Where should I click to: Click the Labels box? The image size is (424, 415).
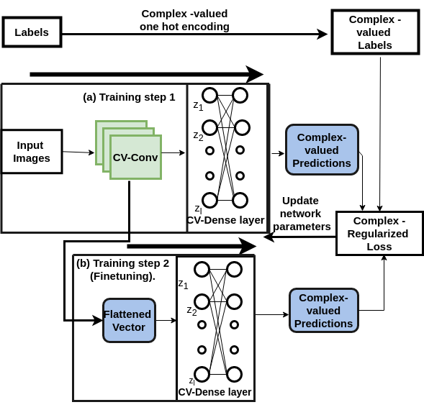click(x=32, y=32)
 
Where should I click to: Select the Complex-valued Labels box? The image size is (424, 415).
click(x=374, y=32)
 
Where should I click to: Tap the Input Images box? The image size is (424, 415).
click(x=32, y=152)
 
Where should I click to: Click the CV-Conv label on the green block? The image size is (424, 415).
click(x=135, y=158)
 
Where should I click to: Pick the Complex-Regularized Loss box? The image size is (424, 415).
click(x=379, y=234)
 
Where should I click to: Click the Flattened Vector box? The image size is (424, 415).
click(x=129, y=320)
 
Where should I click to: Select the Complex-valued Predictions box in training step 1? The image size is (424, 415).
click(x=322, y=150)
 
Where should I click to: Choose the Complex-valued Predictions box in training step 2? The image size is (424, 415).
click(x=323, y=310)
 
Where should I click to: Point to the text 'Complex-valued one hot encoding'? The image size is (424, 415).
click(x=184, y=20)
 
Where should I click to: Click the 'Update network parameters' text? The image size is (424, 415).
click(x=301, y=214)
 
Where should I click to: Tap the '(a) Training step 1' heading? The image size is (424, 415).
click(x=129, y=97)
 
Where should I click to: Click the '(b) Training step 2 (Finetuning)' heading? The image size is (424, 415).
click(x=122, y=269)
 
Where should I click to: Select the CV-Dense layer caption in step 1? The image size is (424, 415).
click(x=225, y=220)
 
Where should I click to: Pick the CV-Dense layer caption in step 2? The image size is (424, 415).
click(x=215, y=392)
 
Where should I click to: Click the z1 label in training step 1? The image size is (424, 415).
click(x=198, y=106)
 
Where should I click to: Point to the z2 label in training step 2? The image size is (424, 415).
click(x=191, y=311)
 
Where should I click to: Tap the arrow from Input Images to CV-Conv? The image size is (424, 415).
click(x=78, y=152)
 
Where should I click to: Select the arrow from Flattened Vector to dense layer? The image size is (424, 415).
click(x=166, y=320)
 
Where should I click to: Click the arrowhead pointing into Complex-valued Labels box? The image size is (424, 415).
click(x=323, y=34)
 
